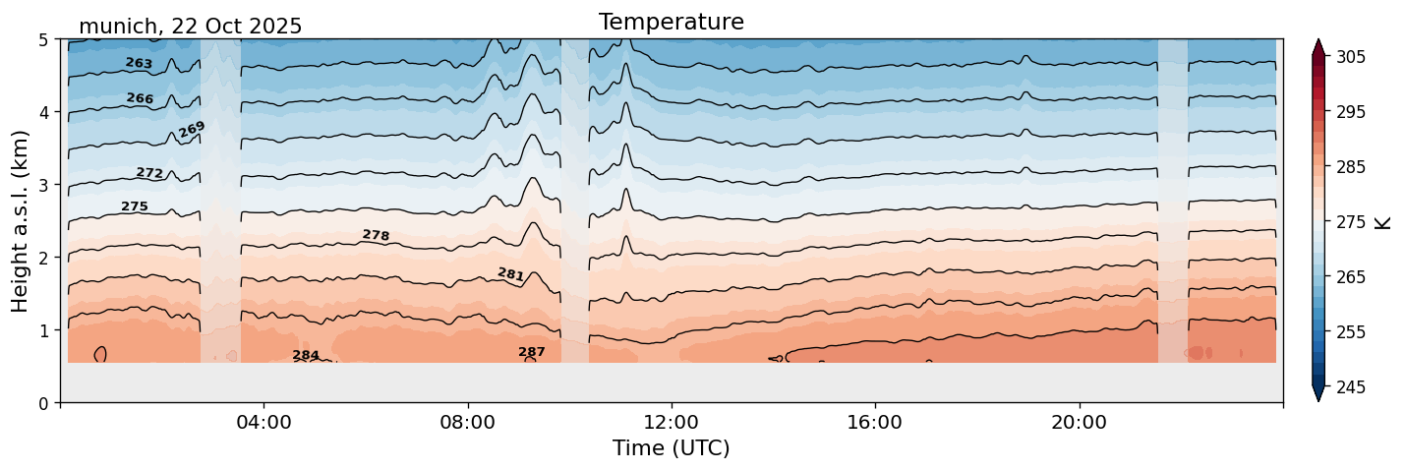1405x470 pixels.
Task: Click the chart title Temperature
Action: (x=671, y=22)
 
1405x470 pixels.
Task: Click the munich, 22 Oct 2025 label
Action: (x=190, y=27)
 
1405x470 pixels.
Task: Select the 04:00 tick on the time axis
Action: (x=264, y=423)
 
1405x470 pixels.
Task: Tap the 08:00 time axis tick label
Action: (x=468, y=423)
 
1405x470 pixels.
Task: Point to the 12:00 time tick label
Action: (x=672, y=423)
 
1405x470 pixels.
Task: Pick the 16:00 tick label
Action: (x=875, y=423)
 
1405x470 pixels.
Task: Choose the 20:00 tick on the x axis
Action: (x=1079, y=423)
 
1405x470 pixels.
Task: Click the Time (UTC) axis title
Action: (x=671, y=448)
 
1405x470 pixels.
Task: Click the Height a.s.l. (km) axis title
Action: (x=21, y=220)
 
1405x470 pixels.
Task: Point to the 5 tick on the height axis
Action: (x=44, y=40)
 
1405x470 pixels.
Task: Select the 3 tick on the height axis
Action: (x=44, y=185)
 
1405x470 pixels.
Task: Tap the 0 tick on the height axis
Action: (x=44, y=403)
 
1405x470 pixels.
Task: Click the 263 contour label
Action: (x=139, y=63)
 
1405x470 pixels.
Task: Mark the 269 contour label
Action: (x=192, y=130)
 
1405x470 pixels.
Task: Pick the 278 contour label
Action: (x=376, y=235)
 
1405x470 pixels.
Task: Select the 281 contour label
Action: (x=511, y=274)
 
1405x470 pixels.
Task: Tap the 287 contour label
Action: (x=532, y=352)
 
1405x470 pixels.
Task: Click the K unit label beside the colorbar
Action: (x=1383, y=222)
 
